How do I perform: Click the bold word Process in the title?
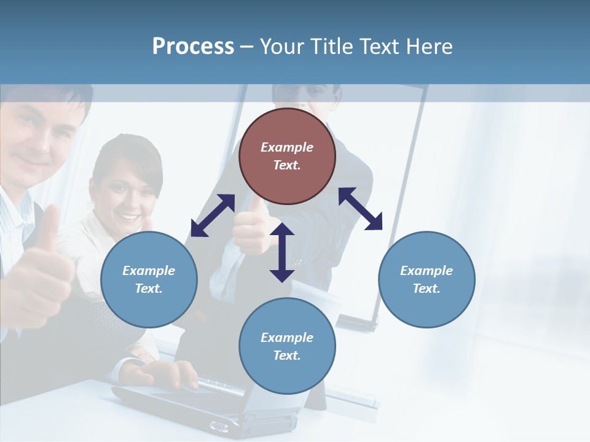(x=193, y=46)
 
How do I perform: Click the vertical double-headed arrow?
(x=282, y=252)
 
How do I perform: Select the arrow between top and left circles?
(x=213, y=215)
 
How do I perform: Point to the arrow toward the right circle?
(x=360, y=209)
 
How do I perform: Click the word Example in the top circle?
(x=287, y=147)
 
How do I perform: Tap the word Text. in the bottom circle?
(x=287, y=355)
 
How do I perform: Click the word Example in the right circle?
(x=427, y=271)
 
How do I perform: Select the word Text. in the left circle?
(x=149, y=289)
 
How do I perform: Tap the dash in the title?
(x=247, y=47)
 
